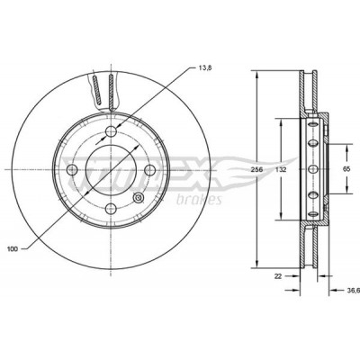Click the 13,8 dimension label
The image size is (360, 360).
(205, 67)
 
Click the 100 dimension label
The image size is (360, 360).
(13, 248)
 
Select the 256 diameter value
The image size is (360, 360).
(257, 169)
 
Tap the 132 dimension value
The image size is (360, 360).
(281, 169)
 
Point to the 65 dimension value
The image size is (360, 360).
(346, 169)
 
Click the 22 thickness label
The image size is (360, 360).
(278, 276)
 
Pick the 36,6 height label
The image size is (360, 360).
(353, 290)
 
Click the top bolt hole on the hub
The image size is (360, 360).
(111, 130)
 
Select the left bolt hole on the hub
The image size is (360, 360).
(72, 170)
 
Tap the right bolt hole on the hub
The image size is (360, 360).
(150, 170)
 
